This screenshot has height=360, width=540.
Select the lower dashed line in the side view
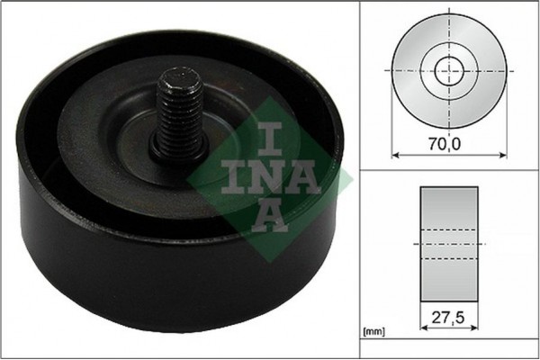pos(448,259)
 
